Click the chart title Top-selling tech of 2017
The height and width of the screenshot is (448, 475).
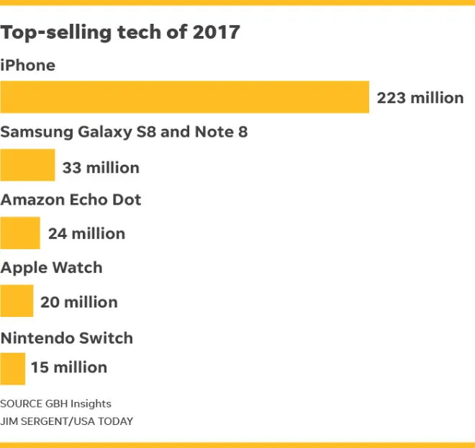[x=120, y=32]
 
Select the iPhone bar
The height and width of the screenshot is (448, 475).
[x=184, y=97]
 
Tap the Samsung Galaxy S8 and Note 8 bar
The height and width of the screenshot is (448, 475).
[x=27, y=165]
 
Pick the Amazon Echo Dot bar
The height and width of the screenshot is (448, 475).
[x=20, y=233]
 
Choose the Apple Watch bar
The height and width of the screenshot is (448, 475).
[x=17, y=300]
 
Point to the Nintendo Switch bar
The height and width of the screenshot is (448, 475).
[x=13, y=368]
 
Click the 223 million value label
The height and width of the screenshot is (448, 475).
[x=420, y=98]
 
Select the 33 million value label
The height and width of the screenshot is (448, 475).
[x=101, y=168]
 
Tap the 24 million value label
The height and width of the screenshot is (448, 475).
[x=86, y=233]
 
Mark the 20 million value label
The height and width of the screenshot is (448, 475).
[x=79, y=302]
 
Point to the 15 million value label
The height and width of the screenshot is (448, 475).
[x=69, y=367]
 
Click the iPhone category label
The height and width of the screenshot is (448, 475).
[x=28, y=66]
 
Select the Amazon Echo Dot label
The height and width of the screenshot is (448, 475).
[x=71, y=200]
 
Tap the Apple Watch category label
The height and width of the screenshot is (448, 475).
[x=52, y=267]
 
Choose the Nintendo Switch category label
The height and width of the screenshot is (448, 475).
[x=67, y=338]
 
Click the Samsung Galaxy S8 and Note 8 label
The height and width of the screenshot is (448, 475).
[x=124, y=132]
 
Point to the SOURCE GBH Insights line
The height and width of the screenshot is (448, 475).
[x=55, y=403]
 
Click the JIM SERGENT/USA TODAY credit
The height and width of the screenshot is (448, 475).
[x=66, y=421]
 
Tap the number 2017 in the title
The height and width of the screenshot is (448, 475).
[x=216, y=32]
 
